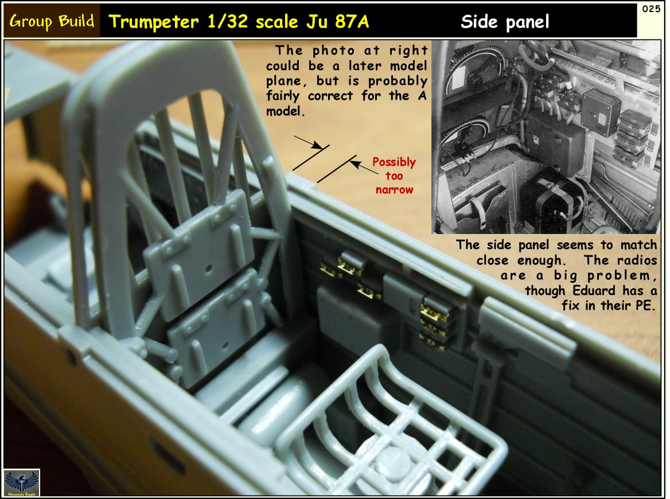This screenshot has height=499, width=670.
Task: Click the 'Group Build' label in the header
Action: click(52, 22)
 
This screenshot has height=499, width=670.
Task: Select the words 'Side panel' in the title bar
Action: click(505, 22)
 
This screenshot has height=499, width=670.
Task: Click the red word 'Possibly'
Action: click(394, 162)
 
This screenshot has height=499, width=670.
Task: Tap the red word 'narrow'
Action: click(394, 190)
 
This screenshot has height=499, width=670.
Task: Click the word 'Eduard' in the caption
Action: click(573, 290)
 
